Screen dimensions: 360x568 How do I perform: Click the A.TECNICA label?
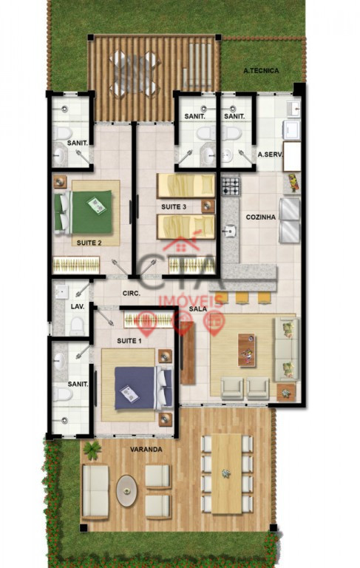261,71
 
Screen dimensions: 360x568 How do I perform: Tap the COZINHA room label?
260,217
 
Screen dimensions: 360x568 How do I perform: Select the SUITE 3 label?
174,207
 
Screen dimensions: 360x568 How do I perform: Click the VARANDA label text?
146,450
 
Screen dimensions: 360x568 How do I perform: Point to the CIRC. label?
131,294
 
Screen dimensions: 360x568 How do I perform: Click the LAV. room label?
78,306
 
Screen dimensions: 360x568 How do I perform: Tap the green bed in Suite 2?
84,212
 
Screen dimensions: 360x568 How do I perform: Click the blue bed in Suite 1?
143,388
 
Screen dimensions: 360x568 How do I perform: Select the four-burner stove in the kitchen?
231,186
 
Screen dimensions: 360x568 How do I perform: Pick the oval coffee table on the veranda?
126,491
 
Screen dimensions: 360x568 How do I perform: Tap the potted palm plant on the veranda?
92,450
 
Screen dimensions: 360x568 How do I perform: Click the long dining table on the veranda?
227,474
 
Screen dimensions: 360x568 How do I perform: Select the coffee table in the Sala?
246,350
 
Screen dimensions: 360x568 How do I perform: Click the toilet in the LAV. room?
77,325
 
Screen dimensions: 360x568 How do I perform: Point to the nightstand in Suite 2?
60,182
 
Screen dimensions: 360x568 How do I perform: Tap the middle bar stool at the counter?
241,297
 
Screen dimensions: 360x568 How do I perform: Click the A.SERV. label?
270,155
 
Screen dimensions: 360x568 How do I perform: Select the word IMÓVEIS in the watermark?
191,301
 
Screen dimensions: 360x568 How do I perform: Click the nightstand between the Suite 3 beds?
208,206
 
